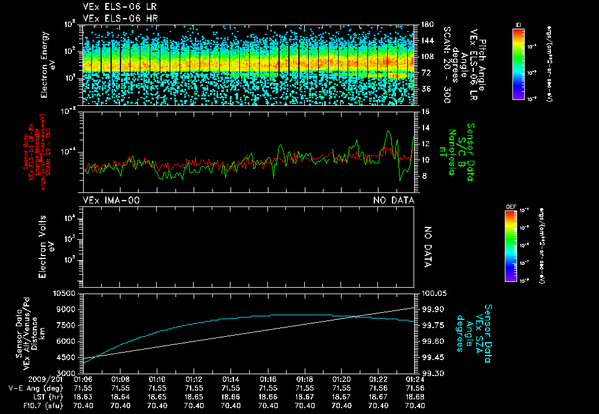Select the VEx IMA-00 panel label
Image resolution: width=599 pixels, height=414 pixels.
pyautogui.click(x=111, y=201)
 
